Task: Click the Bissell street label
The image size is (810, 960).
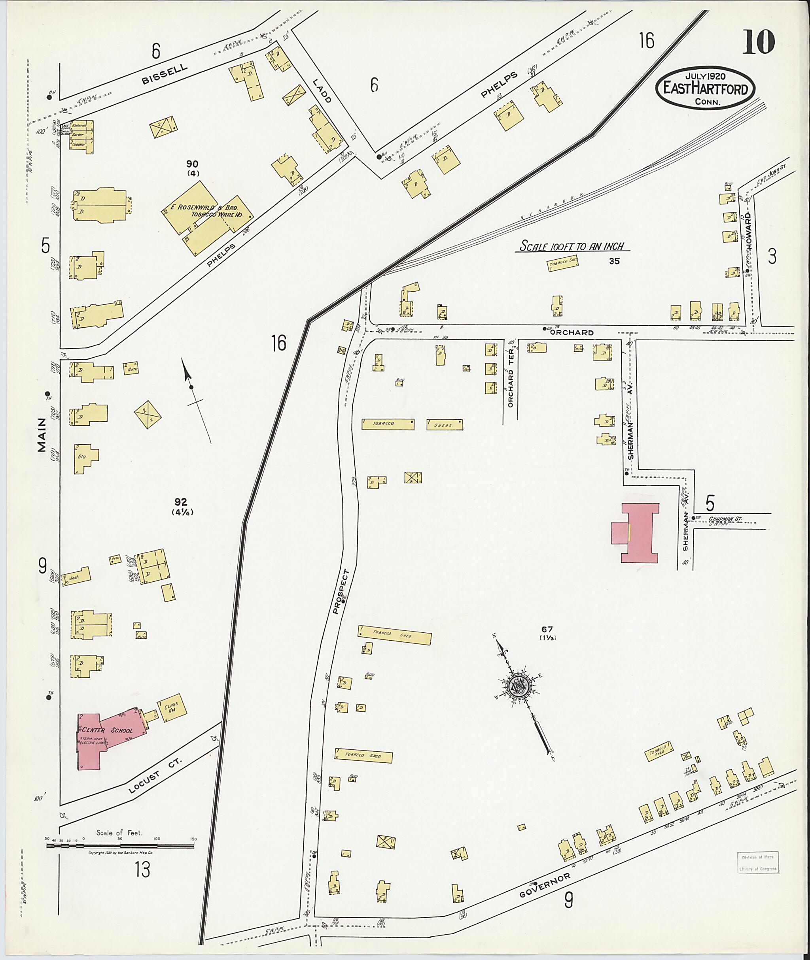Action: [x=165, y=74]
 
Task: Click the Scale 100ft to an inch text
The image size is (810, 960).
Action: [x=572, y=247]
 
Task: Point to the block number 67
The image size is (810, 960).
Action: [x=547, y=629]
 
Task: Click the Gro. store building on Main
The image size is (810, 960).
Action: [x=85, y=458]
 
